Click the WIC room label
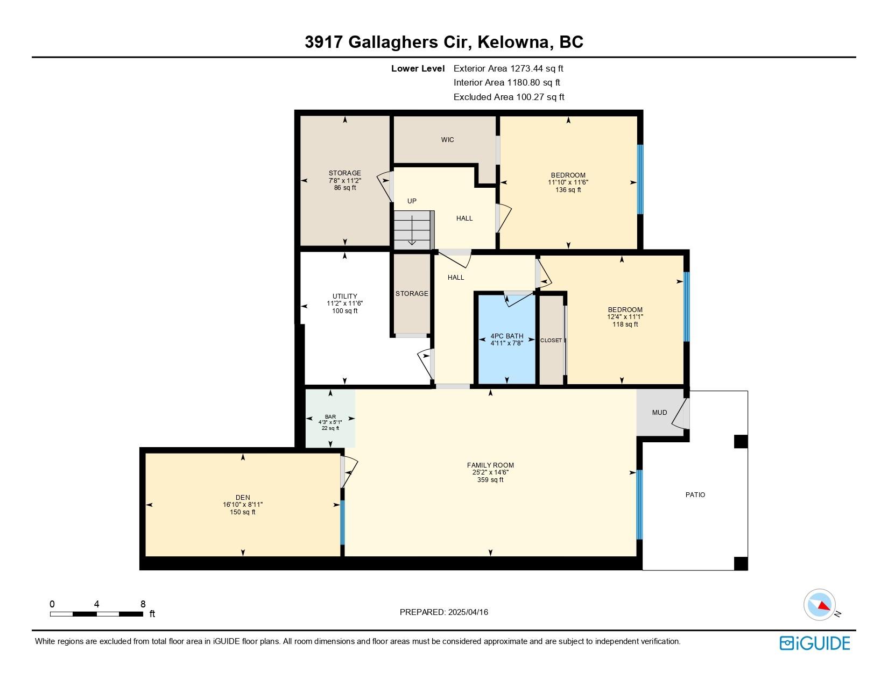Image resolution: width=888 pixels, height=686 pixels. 447,140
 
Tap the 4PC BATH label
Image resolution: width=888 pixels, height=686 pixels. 506,336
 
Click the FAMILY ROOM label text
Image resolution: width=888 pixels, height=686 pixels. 490,465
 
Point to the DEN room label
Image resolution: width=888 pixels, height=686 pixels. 243,498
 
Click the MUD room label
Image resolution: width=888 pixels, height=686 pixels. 659,413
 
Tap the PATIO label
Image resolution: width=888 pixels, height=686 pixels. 695,494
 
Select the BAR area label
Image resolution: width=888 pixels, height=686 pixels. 330,416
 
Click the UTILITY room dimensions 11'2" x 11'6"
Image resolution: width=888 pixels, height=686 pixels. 344,303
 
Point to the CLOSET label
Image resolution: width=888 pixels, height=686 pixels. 551,340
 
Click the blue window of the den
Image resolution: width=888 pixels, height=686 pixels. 342,522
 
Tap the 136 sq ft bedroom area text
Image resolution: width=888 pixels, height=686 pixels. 568,190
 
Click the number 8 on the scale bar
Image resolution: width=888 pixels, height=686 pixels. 143,604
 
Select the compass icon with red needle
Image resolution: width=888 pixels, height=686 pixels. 820,604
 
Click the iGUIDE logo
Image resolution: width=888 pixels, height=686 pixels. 814,643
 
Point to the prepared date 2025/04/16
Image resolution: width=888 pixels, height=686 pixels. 467,612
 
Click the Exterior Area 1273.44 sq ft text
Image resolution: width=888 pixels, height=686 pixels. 508,68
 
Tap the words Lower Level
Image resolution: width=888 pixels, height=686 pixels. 418,68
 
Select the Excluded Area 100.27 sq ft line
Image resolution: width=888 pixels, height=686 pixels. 509,97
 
